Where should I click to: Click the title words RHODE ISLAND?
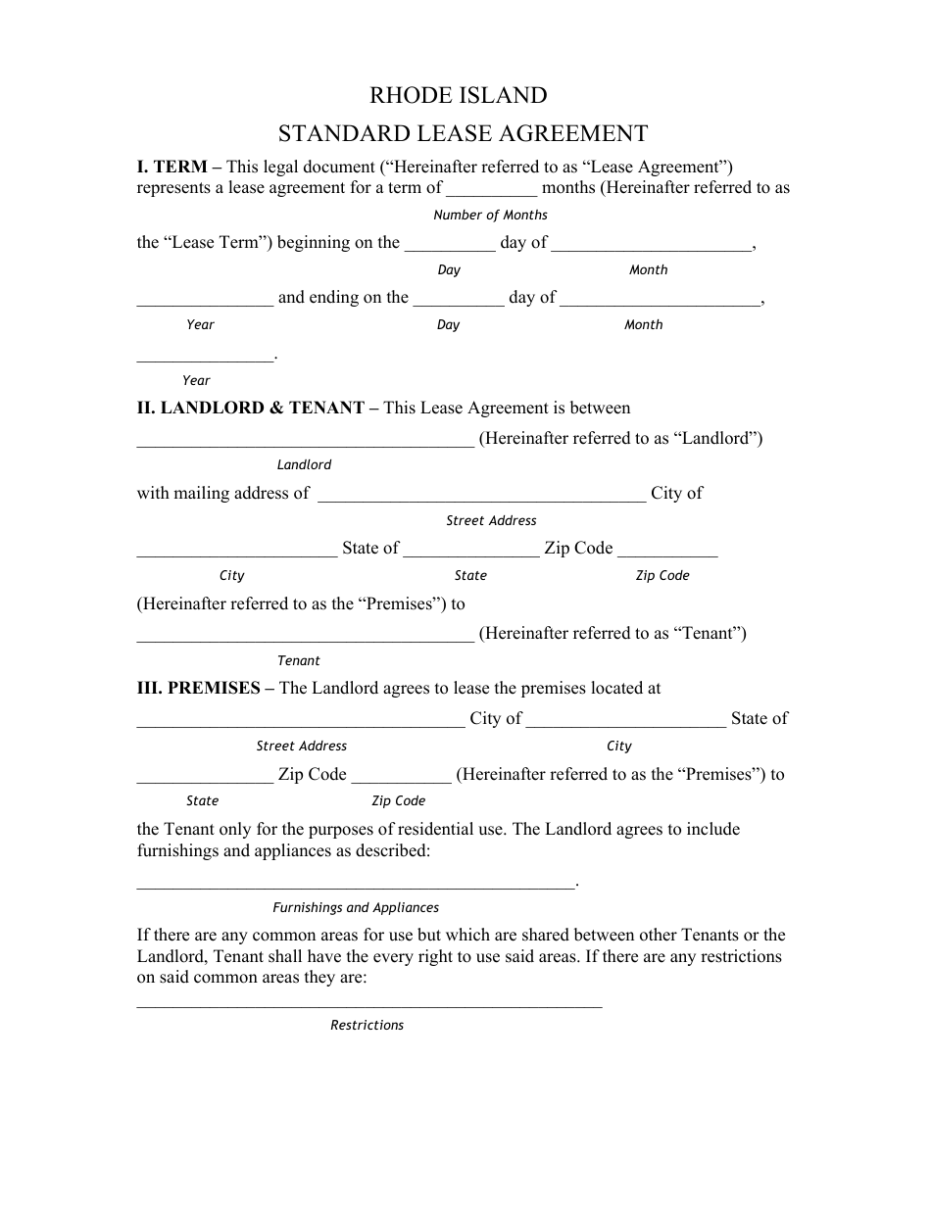(458, 96)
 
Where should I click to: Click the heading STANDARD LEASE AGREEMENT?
(463, 133)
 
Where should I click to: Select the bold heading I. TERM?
(171, 168)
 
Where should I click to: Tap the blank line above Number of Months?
(491, 193)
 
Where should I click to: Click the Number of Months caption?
(490, 216)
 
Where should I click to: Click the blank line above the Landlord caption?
(305, 444)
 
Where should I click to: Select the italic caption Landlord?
(304, 465)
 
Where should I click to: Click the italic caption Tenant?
(299, 661)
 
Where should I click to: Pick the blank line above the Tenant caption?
(305, 639)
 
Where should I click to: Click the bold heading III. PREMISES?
(198, 689)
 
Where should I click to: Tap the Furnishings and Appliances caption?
(356, 908)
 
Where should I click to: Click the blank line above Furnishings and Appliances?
(356, 887)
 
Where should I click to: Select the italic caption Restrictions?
(367, 1026)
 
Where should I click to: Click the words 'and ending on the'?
(343, 298)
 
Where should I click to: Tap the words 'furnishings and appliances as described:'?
(283, 851)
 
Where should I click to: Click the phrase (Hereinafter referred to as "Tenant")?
(612, 634)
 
